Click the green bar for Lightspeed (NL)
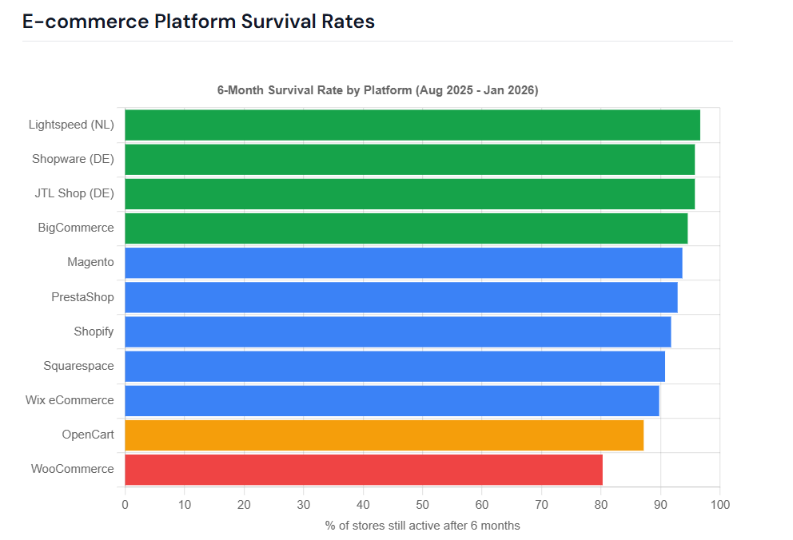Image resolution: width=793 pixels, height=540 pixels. tap(412, 125)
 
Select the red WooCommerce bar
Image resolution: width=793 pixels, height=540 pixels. tap(363, 469)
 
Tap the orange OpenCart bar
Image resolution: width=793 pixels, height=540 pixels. tap(384, 435)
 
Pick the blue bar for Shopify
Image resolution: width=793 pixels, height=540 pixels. tap(397, 332)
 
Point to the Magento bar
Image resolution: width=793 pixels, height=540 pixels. tap(403, 263)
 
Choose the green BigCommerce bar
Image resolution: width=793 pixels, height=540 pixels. tap(405, 228)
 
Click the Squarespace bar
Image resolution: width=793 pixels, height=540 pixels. tap(394, 366)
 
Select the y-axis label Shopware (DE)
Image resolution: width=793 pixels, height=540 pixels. tap(73, 159)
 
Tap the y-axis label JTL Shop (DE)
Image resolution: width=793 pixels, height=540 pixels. tap(74, 193)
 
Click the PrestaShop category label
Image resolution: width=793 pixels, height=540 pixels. tap(82, 297)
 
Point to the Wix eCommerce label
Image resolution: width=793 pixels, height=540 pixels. tap(70, 400)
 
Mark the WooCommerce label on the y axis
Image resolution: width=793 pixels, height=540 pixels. tap(72, 469)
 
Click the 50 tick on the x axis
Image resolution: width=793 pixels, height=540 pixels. tap(422, 505)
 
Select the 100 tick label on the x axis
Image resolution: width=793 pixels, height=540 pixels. tap(719, 505)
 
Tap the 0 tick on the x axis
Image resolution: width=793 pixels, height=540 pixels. tap(125, 505)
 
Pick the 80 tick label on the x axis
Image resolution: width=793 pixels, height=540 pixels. tap(600, 505)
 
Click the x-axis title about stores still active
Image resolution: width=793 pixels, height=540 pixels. tap(422, 526)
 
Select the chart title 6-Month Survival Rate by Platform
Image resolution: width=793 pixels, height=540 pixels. tap(377, 90)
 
